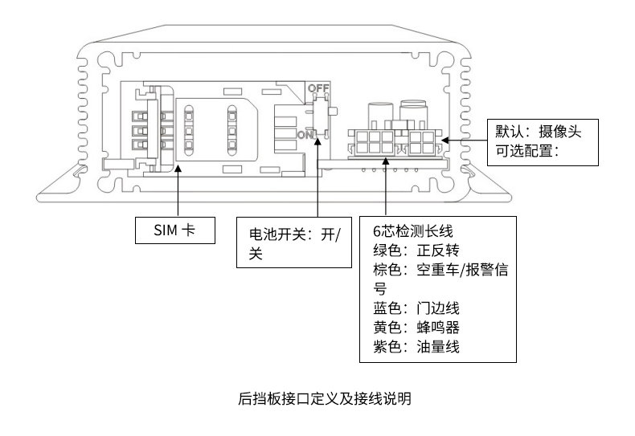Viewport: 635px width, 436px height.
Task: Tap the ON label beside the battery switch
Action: (x=305, y=135)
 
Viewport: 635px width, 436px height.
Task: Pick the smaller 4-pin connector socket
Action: (x=423, y=142)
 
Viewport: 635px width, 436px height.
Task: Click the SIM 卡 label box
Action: (x=174, y=230)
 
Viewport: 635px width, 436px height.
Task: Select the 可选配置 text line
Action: (x=527, y=150)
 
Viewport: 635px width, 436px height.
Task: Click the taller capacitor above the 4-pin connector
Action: (x=414, y=113)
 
